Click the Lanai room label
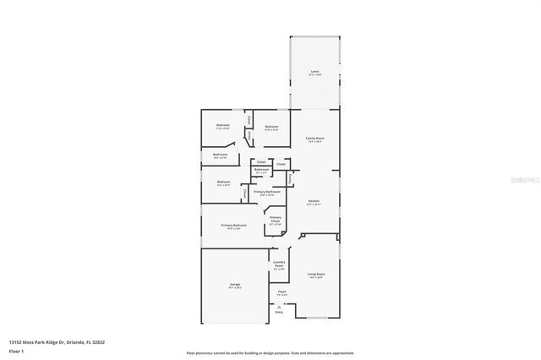tap(314, 71)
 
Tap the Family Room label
tap(314, 138)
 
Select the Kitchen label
tap(314, 201)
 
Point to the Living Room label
tap(315, 274)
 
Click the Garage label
tap(234, 285)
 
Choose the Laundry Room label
tap(279, 265)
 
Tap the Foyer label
tap(281, 292)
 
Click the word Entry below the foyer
tap(280, 312)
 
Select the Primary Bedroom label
tap(234, 225)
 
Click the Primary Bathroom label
tap(266, 192)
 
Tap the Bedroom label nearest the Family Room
tap(271, 128)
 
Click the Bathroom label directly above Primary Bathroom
tap(261, 169)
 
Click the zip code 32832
tap(99, 341)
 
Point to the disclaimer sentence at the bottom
tap(270, 352)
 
